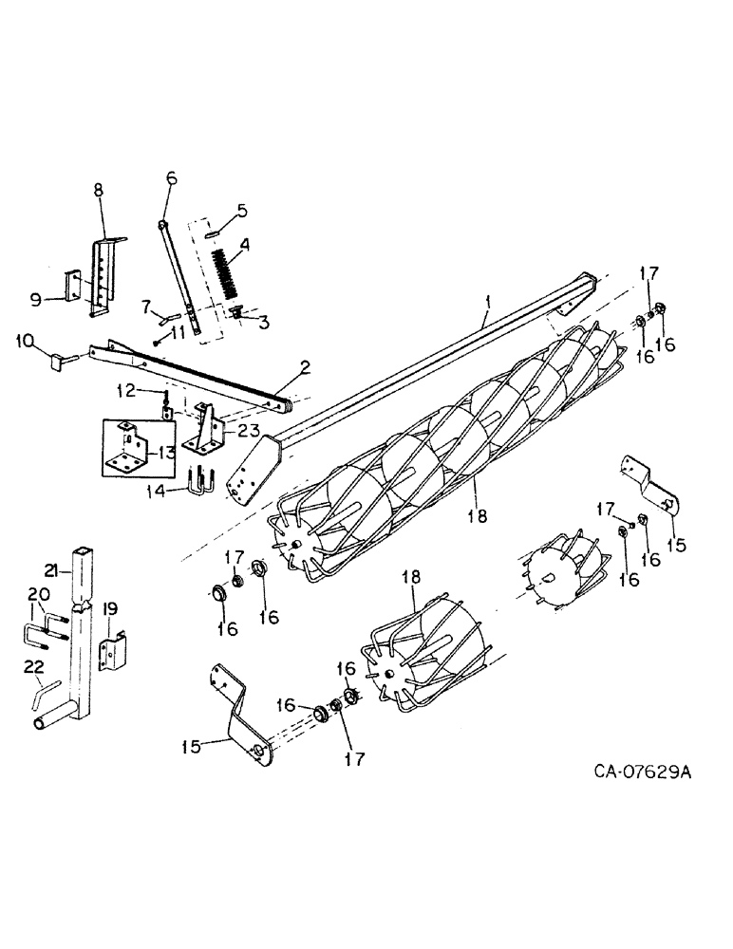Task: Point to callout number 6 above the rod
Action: (242, 210)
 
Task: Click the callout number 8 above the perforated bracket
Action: (172, 177)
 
